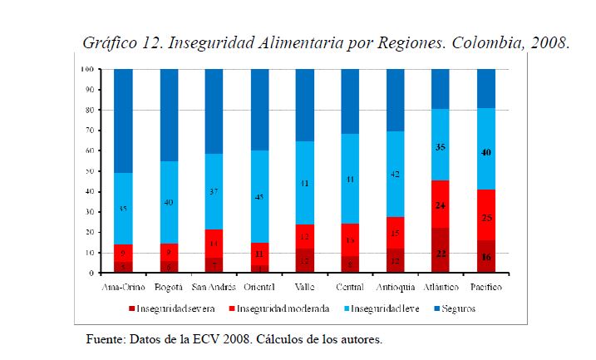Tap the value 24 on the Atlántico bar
pyautogui.click(x=441, y=204)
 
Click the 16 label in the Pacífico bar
pyautogui.click(x=485, y=257)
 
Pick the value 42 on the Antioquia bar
pyautogui.click(x=395, y=175)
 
